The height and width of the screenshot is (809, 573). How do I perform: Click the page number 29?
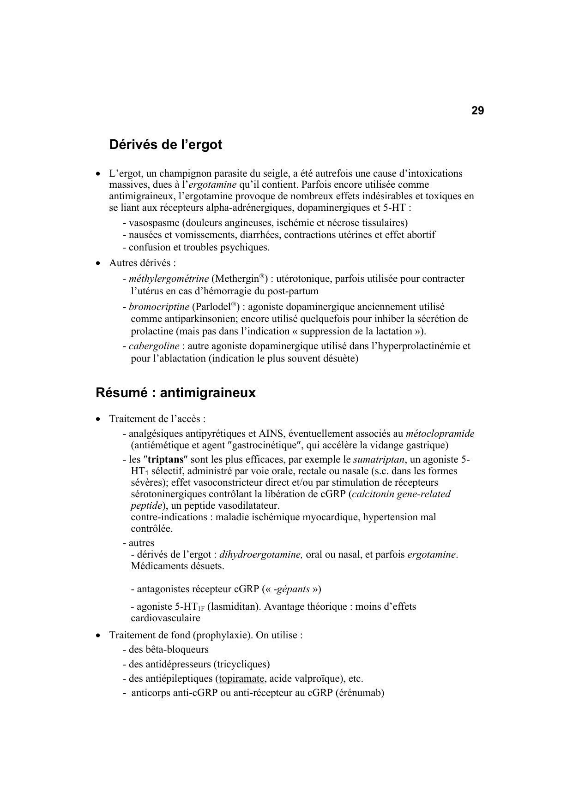pyautogui.click(x=477, y=111)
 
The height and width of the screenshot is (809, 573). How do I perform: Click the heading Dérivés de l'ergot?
pyautogui.click(x=165, y=145)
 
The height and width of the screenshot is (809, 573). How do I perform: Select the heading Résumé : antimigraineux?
pyautogui.click(x=175, y=393)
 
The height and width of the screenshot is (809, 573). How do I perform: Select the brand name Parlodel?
pyautogui.click(x=211, y=307)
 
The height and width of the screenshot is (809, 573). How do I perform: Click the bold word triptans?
pyautogui.click(x=165, y=459)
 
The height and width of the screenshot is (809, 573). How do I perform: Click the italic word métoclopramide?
pyautogui.click(x=440, y=434)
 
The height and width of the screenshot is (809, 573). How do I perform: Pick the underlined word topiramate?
pyautogui.click(x=241, y=678)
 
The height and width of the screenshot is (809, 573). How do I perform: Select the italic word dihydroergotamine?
pyautogui.click(x=261, y=554)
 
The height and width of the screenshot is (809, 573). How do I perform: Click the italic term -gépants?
pyautogui.click(x=291, y=589)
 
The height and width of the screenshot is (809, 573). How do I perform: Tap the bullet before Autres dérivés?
pyautogui.click(x=98, y=263)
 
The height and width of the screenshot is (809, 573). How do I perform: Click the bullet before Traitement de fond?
pyautogui.click(x=98, y=635)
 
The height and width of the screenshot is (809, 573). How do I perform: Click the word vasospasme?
pyautogui.click(x=153, y=223)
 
